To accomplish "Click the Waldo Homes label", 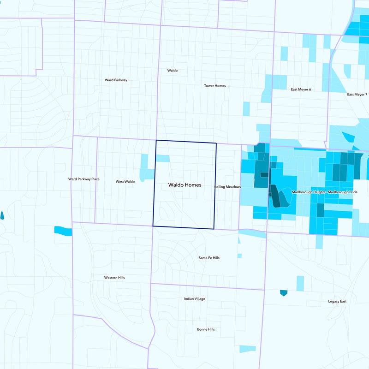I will [184, 184].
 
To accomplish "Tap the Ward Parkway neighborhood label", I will [116, 80].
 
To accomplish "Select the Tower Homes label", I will [215, 86].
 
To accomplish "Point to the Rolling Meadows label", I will [227, 187].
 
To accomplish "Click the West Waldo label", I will [125, 182].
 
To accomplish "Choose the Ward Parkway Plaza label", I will [84, 179].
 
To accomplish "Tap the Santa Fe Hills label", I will [209, 258].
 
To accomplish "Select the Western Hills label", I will [114, 278].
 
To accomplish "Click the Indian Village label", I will [195, 299].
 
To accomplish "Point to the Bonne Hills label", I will [206, 329].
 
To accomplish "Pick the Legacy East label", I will [337, 302].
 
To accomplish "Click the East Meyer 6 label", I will [301, 89].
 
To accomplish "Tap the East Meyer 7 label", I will [357, 95].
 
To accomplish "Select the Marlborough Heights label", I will [309, 192].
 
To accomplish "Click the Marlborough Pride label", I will [342, 192].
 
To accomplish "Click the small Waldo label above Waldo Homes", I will [172, 71].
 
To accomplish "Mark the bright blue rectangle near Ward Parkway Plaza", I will [63, 230].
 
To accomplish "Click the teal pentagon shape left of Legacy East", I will [284, 293].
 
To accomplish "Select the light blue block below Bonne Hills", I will [247, 348].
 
